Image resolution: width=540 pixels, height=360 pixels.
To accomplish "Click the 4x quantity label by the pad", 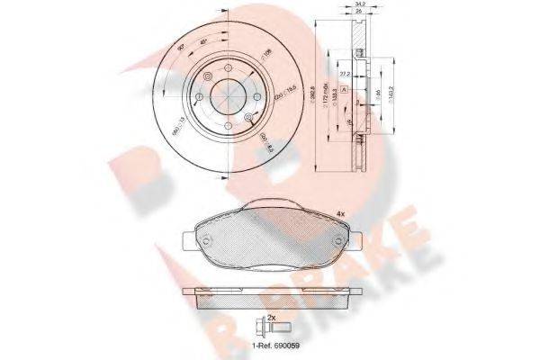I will (x=340, y=212).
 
